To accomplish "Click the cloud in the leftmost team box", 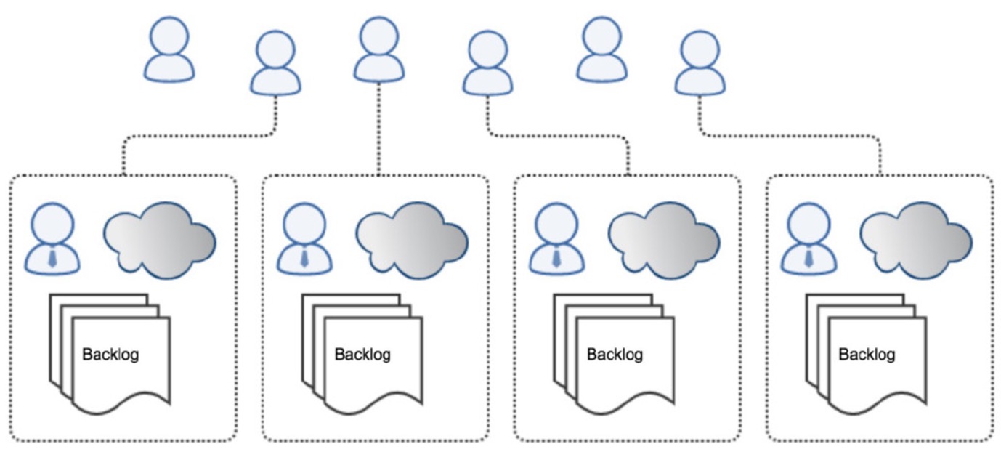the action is (x=160, y=240).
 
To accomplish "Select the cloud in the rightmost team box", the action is (x=916, y=240).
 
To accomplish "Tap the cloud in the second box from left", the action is (x=412, y=240).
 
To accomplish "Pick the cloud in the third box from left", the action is (x=664, y=240).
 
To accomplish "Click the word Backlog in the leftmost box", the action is (x=110, y=355).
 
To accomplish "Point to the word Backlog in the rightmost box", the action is (x=867, y=355).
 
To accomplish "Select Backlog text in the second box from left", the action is (x=362, y=355).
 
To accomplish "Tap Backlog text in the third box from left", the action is (x=615, y=355).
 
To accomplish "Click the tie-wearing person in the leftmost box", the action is (x=52, y=238).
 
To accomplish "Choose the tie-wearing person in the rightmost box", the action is (x=808, y=238).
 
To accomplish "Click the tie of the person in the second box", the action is (x=305, y=259).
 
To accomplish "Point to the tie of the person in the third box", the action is (x=557, y=259).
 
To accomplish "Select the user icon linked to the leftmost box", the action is (x=275, y=63).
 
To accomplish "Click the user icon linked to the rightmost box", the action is (x=700, y=63).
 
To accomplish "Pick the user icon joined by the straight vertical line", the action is (x=379, y=49).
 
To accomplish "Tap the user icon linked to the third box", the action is (x=487, y=63).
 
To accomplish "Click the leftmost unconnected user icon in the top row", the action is (x=169, y=49).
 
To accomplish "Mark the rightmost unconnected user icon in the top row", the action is (x=602, y=49).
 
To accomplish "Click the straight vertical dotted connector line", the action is (x=379, y=129).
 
